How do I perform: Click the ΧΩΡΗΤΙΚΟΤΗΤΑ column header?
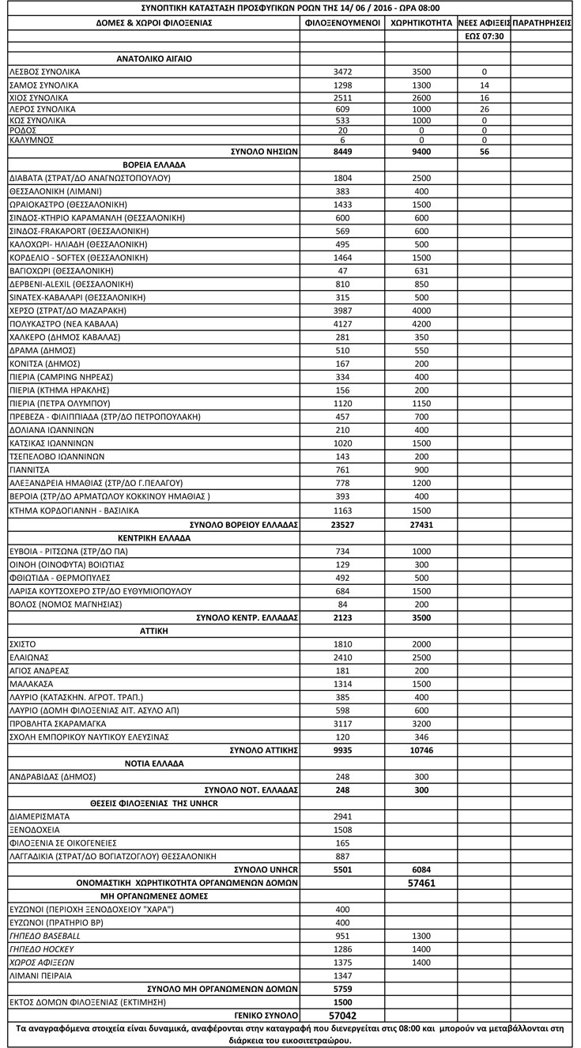421,23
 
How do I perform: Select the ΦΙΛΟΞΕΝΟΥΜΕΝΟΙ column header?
341,23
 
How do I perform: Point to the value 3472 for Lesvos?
342,72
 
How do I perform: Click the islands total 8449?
342,152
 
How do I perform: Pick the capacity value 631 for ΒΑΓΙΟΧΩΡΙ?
421,270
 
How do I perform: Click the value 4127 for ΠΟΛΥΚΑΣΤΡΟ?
342,323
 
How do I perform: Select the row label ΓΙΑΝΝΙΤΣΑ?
28,469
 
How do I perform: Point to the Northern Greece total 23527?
342,524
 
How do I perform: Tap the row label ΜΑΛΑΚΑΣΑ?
31,684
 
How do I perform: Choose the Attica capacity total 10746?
421,750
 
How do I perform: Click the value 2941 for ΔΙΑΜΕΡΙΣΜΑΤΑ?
342,816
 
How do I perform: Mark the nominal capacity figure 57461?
421,883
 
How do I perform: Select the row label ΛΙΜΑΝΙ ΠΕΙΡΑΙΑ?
40,975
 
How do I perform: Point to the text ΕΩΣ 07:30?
485,36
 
